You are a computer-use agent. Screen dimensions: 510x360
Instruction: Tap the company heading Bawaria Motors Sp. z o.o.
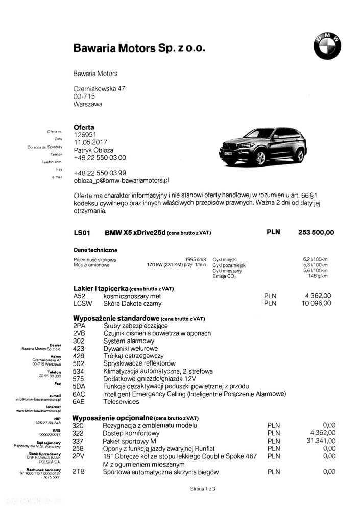pos(139,48)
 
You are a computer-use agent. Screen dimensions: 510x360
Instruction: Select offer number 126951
pos(85,135)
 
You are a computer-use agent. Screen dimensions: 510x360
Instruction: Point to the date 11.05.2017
pos(90,142)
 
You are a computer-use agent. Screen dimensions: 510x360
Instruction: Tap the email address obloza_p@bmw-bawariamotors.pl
pos(121,180)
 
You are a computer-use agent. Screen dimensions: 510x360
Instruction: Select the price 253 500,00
pos(316,232)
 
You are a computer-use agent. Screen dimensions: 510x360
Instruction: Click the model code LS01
pos(82,233)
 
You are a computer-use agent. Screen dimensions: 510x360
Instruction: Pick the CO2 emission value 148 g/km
pos(321,276)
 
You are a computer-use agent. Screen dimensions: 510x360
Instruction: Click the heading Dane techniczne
pos(95,250)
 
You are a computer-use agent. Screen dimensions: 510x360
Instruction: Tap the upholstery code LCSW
pos(82,303)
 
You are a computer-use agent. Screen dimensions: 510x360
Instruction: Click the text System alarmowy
pos(128,341)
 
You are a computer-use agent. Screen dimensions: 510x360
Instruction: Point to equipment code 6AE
pos(79,401)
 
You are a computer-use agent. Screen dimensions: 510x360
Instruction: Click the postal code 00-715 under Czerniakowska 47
pos(84,96)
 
